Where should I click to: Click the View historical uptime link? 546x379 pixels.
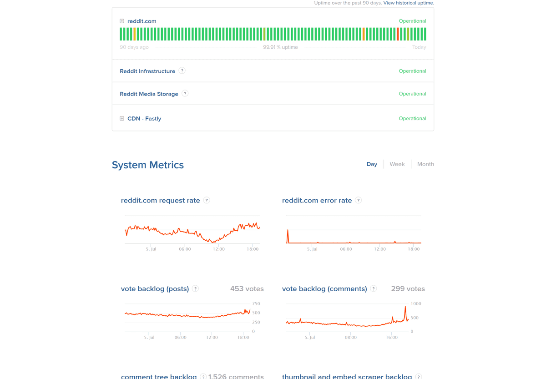409,3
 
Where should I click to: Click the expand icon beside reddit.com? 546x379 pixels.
122,21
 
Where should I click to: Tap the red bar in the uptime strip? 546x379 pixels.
398,34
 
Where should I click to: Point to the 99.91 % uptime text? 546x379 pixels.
280,47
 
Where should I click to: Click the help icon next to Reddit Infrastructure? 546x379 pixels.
182,71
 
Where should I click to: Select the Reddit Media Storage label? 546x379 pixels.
149,94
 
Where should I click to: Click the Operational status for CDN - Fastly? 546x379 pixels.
412,118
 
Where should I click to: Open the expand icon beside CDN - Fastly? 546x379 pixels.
122,118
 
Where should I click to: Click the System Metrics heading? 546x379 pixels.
148,165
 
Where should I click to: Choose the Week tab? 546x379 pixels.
397,164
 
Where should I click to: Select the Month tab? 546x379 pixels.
425,164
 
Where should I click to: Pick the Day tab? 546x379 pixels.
372,164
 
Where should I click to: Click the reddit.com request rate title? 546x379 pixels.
160,201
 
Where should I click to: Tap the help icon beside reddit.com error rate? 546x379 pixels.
359,200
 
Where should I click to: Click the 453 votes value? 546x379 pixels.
247,289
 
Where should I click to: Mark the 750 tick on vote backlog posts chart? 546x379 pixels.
256,304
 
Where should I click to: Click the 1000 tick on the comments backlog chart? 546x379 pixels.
416,304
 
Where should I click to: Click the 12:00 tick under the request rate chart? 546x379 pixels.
219,249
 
